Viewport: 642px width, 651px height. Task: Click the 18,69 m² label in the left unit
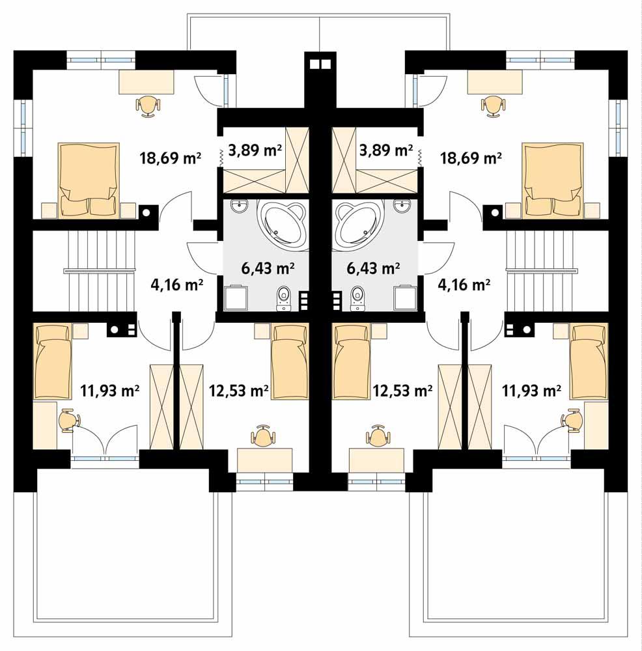coord(170,157)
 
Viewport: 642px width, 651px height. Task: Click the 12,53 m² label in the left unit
coord(239,391)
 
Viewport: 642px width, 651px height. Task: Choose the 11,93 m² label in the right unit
coord(532,391)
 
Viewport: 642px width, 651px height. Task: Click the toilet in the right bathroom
coord(357,299)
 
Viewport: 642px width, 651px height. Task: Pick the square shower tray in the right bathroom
coord(405,298)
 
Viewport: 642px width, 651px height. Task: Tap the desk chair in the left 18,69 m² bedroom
coord(149,104)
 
